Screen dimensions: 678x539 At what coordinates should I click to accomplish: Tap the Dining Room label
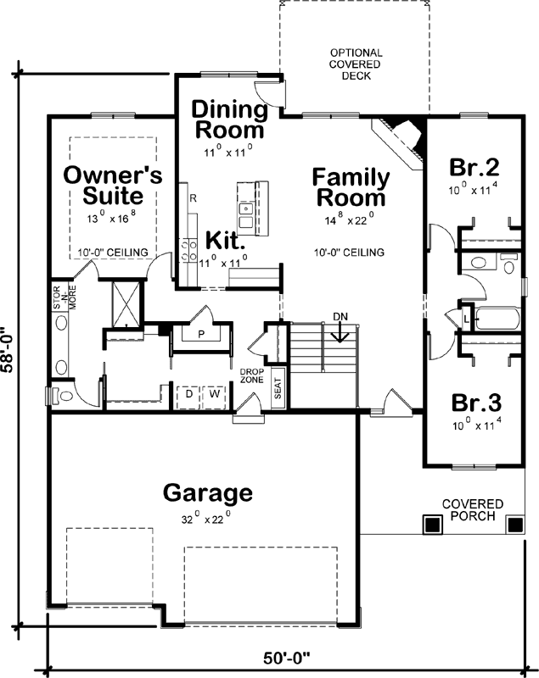click(227, 119)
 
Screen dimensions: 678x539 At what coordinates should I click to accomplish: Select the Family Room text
click(351, 187)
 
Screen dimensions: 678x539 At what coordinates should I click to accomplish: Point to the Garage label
click(207, 492)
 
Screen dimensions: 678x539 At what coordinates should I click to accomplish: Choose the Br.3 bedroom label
click(472, 402)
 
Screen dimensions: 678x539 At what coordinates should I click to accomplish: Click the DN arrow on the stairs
click(339, 332)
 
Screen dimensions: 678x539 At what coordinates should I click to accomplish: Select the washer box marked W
click(215, 394)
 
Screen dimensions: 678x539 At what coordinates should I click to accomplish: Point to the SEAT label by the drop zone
click(278, 391)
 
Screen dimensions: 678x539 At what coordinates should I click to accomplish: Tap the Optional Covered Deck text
click(356, 64)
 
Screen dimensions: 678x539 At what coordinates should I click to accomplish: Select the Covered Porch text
click(472, 510)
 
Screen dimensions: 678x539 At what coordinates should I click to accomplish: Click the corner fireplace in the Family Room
click(402, 136)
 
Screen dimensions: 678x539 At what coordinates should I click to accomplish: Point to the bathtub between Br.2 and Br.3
click(497, 320)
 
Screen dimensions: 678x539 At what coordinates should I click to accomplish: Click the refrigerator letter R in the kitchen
click(194, 197)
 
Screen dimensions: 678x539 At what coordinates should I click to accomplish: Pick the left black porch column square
click(432, 525)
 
